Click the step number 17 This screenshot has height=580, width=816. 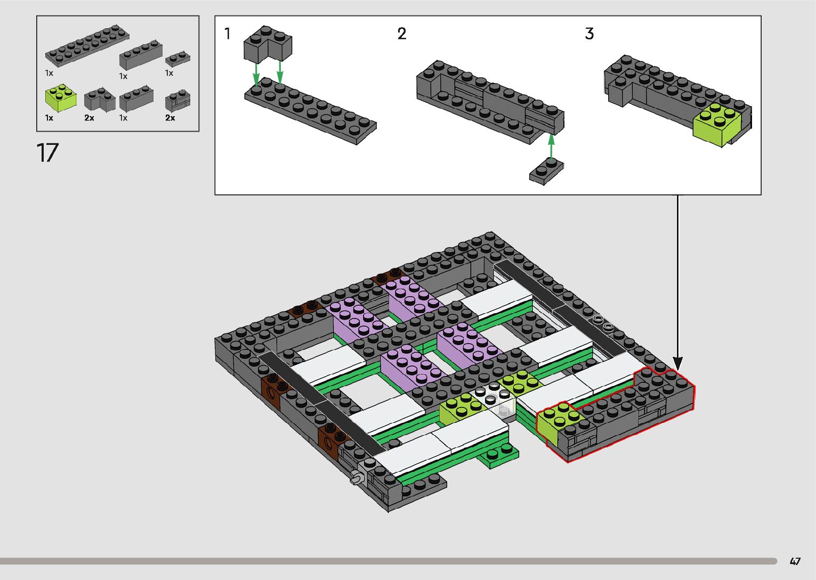tap(47, 152)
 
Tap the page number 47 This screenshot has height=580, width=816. tap(795, 561)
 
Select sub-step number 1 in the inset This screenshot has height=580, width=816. tap(227, 34)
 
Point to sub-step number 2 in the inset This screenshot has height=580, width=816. tap(401, 34)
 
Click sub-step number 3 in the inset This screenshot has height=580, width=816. tap(589, 34)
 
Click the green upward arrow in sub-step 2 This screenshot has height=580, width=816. tap(551, 147)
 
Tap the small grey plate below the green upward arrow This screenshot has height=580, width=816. tap(546, 171)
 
